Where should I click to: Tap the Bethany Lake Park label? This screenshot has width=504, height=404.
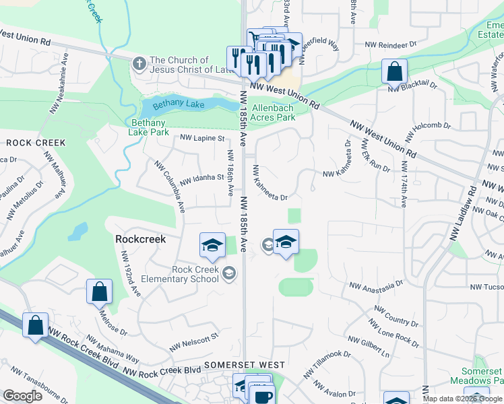pos(150,127)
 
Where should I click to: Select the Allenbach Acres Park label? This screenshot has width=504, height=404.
pos(273,112)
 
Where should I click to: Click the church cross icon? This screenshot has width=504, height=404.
pos(139,64)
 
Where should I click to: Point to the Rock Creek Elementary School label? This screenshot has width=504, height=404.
pos(195,274)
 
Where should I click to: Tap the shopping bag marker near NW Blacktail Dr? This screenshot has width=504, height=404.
pos(393,71)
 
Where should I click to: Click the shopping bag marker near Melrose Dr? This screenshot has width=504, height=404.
pos(98,292)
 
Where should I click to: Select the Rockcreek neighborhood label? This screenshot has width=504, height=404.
pos(140,238)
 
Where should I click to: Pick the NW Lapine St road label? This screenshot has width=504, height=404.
pos(202,138)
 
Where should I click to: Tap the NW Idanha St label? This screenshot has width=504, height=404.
pos(201,178)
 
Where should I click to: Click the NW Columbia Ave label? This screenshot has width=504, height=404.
pos(170,187)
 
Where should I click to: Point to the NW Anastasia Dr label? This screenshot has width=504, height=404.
pos(375,285)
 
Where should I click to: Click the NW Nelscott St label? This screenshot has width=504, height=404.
pos(196,336)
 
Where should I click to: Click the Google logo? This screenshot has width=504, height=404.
pos(23,396)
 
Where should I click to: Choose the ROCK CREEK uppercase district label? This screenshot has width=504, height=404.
pos(36,143)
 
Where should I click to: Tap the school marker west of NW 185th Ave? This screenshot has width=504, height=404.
pos(212,245)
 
